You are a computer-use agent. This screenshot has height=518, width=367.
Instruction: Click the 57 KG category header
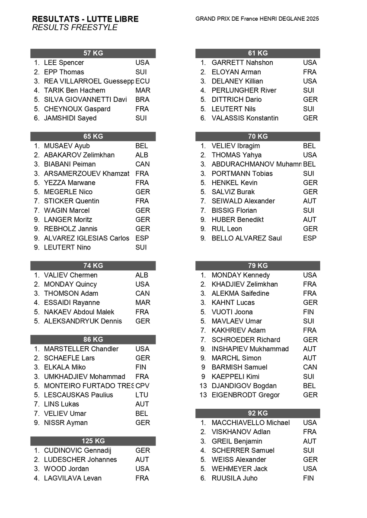(x=93, y=54)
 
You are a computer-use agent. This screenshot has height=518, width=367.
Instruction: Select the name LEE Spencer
(x=64, y=63)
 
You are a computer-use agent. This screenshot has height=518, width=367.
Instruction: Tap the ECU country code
(x=142, y=81)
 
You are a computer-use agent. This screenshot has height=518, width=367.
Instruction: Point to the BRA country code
(x=142, y=100)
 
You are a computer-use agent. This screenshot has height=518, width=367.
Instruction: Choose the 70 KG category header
(x=258, y=136)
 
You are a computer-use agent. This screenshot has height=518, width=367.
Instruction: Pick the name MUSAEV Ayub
(x=67, y=146)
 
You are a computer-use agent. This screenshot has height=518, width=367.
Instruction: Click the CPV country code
(x=142, y=386)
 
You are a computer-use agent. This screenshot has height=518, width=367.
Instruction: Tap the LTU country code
(x=141, y=395)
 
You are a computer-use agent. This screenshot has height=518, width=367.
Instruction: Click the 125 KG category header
(x=93, y=441)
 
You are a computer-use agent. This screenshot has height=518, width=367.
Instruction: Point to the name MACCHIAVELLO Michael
(x=250, y=423)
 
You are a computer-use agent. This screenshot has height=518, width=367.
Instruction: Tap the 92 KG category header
(x=258, y=414)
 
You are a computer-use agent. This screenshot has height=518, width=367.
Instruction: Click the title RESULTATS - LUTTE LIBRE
(x=85, y=19)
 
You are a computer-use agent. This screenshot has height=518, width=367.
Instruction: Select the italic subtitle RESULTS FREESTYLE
(x=75, y=28)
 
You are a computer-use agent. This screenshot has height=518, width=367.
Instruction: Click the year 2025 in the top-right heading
(x=311, y=19)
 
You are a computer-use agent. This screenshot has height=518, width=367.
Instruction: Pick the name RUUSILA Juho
(x=234, y=478)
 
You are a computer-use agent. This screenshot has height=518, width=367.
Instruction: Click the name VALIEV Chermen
(x=70, y=275)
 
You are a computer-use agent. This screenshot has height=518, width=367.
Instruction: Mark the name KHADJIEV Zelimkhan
(x=245, y=284)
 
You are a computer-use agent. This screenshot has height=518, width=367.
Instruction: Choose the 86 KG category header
(x=93, y=340)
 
